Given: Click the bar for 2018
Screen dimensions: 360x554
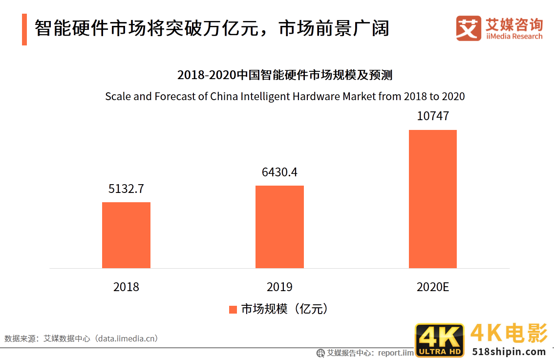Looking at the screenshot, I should pos(126,235).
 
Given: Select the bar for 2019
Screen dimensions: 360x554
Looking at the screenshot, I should pos(279,227).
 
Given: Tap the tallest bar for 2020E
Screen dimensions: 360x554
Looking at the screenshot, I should pos(432,199).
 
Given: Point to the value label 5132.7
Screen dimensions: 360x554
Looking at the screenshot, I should pos(126,189).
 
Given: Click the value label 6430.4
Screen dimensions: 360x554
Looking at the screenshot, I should pos(279,172).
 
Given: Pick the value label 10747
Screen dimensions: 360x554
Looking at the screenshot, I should pos(432,116).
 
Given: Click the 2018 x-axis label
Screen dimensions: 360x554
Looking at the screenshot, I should pos(126,287).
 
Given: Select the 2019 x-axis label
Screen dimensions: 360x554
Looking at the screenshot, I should pos(279,287).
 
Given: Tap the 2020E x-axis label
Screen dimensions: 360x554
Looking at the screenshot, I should pos(432,287).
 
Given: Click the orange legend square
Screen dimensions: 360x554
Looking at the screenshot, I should pos(233,309).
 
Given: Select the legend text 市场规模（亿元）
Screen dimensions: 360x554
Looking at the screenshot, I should pos(283,309).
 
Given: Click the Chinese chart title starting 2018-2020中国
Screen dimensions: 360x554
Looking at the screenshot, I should pos(284,75).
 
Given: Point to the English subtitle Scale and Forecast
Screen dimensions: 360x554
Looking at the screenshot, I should pos(285,96).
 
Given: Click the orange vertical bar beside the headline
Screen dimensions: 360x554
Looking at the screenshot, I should pos(24,29).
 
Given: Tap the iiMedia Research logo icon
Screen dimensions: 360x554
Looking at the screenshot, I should pos(469,28).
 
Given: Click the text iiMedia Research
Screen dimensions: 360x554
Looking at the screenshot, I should pos(514,37).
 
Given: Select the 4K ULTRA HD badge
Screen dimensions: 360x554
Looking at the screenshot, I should pos(439,340).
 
